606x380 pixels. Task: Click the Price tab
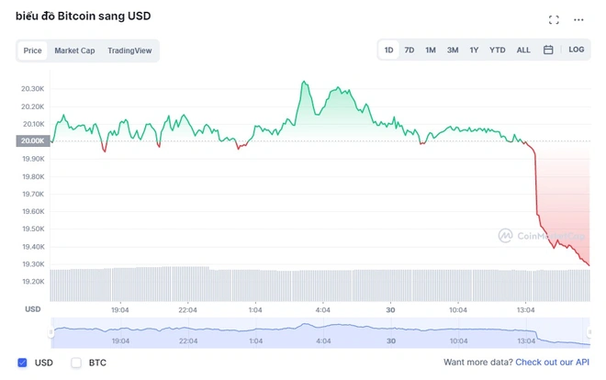pos(32,50)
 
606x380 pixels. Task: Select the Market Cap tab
pos(74,50)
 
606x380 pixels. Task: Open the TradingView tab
pos(129,50)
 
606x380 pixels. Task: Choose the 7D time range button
pos(410,50)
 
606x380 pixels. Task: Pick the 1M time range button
pos(431,50)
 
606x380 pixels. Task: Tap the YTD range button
pos(498,50)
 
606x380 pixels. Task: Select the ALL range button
pos(523,50)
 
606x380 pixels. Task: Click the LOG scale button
pos(576,50)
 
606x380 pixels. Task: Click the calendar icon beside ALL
pos(548,50)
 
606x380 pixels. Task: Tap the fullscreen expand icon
pos(554,19)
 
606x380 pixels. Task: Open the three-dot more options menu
pos(578,19)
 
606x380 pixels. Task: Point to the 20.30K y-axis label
pos(33,89)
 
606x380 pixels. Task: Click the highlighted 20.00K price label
pos(32,140)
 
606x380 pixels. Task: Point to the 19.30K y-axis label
pos(33,264)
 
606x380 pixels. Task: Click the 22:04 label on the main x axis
pos(188,310)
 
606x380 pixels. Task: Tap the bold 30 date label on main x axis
pos(390,310)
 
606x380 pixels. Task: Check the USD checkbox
pos(23,363)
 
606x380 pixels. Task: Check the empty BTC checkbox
pos(76,363)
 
